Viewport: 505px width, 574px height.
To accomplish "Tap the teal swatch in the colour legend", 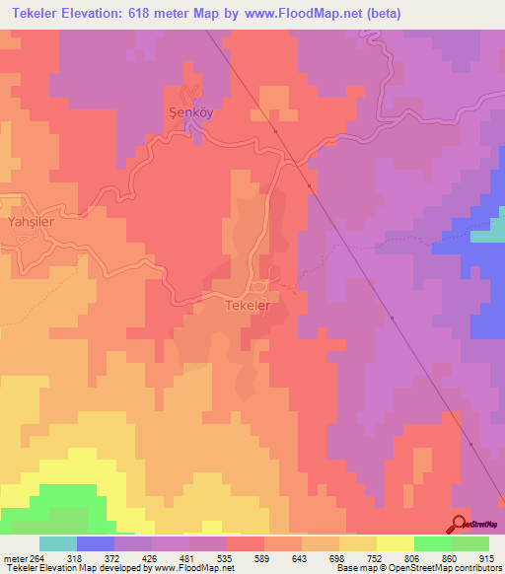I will (x=58, y=543).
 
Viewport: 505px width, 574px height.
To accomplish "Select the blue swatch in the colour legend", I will (x=96, y=543).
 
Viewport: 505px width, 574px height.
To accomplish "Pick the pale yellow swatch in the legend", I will (x=396, y=543).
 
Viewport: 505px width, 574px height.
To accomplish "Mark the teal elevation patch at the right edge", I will (x=488, y=236).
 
